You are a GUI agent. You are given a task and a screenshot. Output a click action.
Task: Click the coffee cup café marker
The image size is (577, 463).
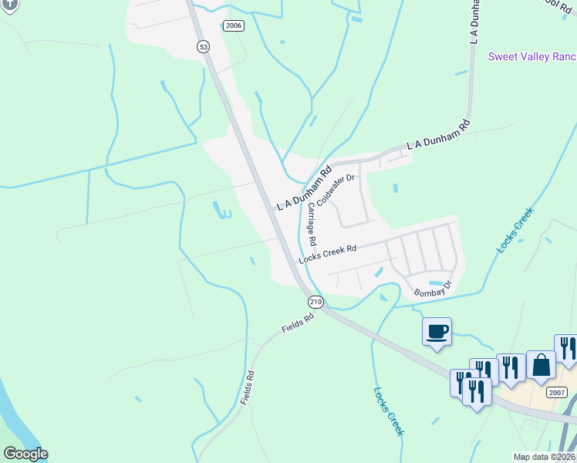[x=437, y=333]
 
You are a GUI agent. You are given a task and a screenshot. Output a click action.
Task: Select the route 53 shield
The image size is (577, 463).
[x=202, y=47]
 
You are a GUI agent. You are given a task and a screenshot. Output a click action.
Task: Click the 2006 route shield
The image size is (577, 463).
[x=234, y=25]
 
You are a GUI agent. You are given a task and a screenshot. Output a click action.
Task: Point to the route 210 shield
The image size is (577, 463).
[x=315, y=301]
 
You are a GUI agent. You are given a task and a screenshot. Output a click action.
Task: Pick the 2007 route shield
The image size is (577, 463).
[x=557, y=393]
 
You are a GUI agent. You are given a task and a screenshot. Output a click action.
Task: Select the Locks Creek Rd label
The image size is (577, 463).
[x=328, y=253]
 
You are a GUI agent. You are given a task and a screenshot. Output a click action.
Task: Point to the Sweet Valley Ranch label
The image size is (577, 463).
[x=532, y=57]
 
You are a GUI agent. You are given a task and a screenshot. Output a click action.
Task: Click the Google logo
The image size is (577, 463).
[x=25, y=454]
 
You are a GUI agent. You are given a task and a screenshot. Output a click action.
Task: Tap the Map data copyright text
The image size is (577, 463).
[x=544, y=457]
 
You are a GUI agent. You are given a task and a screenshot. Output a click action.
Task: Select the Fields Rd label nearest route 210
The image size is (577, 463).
[x=298, y=323]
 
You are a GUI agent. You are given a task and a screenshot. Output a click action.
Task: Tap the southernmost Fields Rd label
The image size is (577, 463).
[x=247, y=387]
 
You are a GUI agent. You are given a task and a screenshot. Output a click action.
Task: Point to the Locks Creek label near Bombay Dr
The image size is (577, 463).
[x=515, y=230]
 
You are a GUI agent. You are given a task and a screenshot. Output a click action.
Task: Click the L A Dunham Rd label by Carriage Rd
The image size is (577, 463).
[x=304, y=187]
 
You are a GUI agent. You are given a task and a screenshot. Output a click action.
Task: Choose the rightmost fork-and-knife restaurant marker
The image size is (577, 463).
[x=567, y=349]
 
